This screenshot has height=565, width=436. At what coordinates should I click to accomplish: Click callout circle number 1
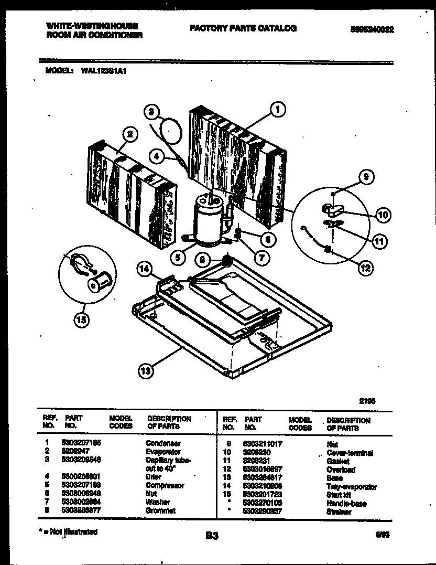pos(278,110)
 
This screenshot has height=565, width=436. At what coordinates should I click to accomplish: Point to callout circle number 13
pos(146,371)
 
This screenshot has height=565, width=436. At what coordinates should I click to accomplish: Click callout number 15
pos(81,319)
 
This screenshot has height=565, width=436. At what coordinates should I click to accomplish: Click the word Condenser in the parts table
pos(163,443)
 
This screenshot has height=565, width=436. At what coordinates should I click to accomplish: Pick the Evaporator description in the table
pos(163,452)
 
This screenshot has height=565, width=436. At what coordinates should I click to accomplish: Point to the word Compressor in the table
pos(165,485)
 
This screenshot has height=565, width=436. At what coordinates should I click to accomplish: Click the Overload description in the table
pos(341,470)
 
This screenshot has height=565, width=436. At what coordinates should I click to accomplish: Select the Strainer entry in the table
pos(339,511)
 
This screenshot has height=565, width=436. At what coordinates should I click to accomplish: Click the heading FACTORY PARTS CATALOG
pos(243,28)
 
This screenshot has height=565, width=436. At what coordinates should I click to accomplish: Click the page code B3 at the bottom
pos(212,536)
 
